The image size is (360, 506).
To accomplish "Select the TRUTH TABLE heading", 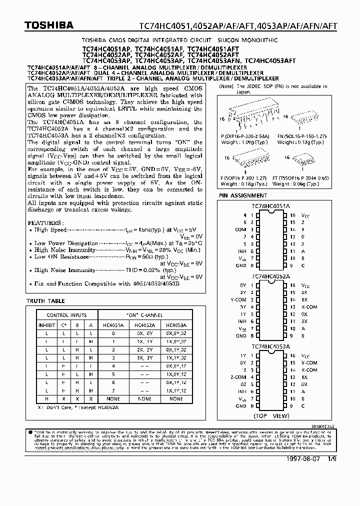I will [x=45, y=301].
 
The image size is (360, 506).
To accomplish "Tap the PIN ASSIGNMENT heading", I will [x=242, y=195].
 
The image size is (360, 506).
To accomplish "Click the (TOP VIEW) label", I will [x=271, y=415].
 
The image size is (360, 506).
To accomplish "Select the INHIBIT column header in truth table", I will [x=46, y=324].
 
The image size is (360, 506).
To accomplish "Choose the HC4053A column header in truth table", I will [x=176, y=324].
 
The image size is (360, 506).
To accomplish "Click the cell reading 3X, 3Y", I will [x=144, y=357].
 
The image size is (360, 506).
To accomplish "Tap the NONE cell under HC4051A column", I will [x=113, y=399].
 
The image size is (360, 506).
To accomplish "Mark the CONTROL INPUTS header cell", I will [x=66, y=315].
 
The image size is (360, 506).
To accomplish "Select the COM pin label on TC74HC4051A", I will [x=240, y=229].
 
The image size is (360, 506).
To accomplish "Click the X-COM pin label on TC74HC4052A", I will [x=309, y=307].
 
